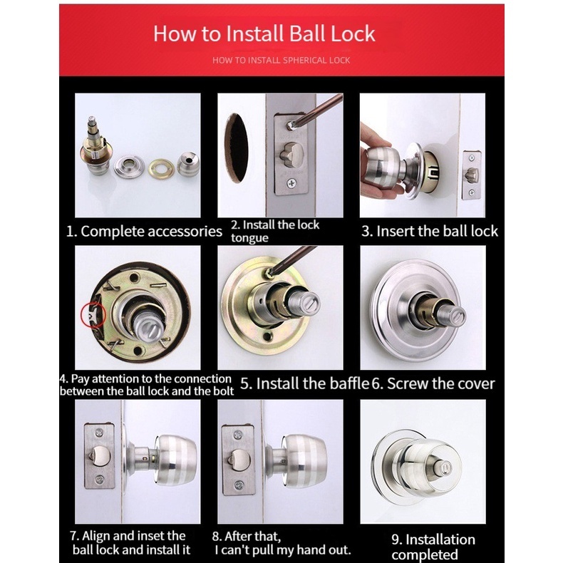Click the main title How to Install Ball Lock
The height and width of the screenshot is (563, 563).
[264, 33]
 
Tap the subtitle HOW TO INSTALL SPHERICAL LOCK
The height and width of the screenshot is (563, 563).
[281, 61]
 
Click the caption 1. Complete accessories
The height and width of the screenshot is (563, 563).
[144, 231]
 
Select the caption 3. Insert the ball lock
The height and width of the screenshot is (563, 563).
[430, 231]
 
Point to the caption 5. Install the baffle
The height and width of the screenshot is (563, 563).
[304, 383]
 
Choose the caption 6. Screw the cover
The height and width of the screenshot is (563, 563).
[433, 383]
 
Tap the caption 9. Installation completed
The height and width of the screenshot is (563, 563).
[433, 547]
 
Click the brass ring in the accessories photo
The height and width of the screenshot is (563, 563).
[161, 168]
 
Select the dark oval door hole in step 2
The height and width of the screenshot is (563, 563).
[237, 148]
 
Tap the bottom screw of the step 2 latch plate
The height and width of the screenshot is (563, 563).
[291, 183]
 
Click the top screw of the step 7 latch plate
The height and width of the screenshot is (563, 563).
[99, 433]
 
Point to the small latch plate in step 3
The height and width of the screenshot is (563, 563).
[472, 175]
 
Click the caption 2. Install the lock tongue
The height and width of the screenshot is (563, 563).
[275, 231]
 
